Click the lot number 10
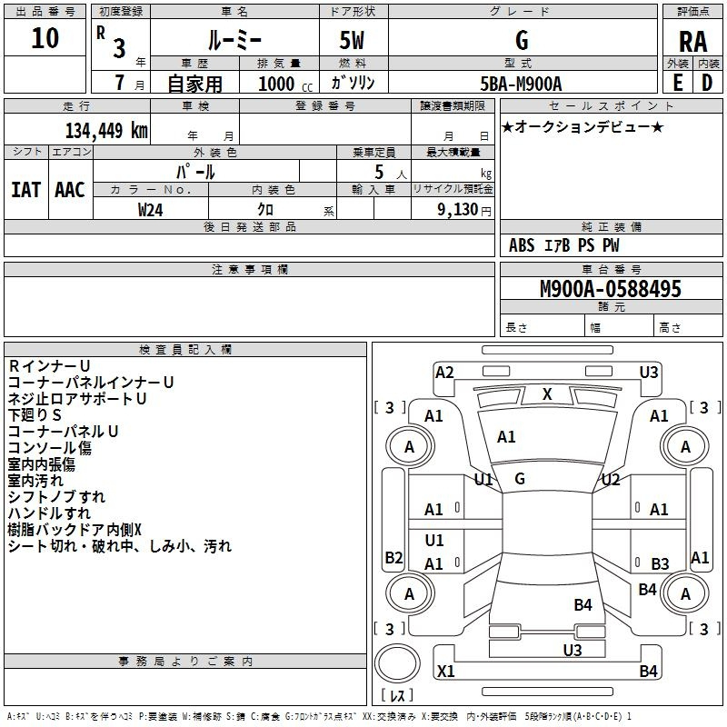click(45, 38)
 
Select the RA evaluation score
click(692, 42)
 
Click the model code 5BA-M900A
click(521, 84)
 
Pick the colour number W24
click(151, 210)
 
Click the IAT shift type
click(25, 190)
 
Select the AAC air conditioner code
click(70, 190)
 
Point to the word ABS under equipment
click(522, 245)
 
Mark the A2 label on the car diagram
click(444, 372)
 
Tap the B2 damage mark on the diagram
click(393, 557)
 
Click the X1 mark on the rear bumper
click(445, 672)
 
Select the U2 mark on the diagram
click(611, 480)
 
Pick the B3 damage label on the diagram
click(660, 564)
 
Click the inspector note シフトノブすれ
click(56, 497)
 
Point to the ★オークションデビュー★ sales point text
click(583, 127)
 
